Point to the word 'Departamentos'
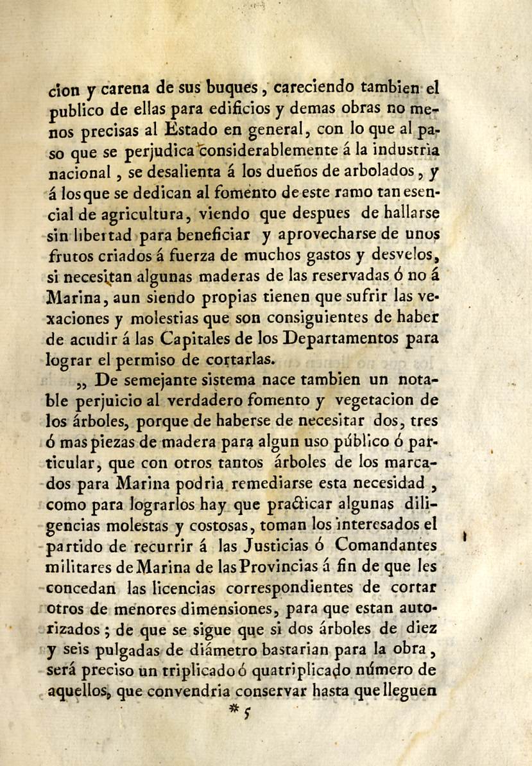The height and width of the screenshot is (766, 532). click(339, 338)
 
